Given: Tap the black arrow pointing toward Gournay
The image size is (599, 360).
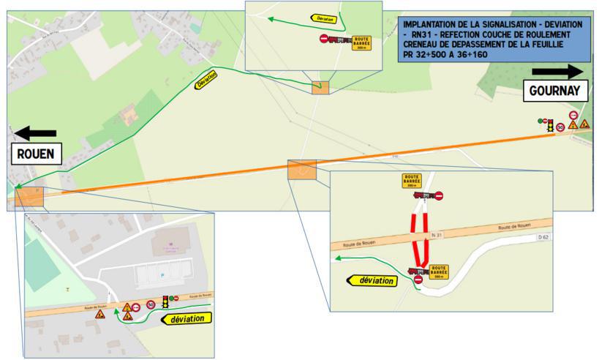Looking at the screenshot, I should (557, 71).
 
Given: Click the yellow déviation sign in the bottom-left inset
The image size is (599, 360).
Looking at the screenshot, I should (187, 318).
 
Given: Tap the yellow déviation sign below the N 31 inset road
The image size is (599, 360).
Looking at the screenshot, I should (371, 280).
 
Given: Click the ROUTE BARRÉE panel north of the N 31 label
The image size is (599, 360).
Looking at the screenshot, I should (411, 181).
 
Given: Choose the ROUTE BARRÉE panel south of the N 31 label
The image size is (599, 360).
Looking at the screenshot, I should (438, 271).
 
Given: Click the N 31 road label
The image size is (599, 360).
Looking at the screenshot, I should (458, 234).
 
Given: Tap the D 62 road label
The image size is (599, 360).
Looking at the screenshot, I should (541, 237).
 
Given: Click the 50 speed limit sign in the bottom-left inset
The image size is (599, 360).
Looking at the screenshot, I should (150, 304).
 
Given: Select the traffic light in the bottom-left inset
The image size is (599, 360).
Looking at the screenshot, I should (166, 301).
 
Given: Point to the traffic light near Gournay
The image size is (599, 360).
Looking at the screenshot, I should (549, 124).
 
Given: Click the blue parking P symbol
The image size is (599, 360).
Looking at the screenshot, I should (161, 277).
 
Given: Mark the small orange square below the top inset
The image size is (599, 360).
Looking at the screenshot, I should (320, 88).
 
